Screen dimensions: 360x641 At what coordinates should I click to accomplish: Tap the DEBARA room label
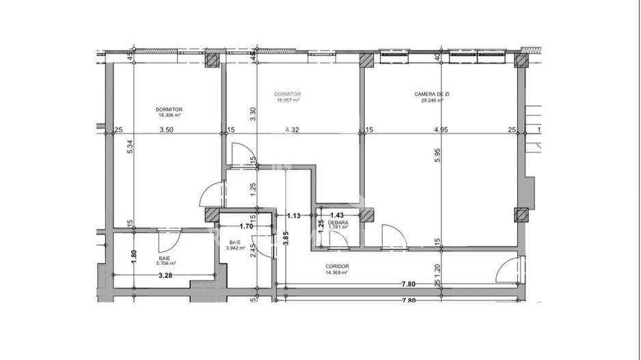pyautogui.click(x=338, y=223)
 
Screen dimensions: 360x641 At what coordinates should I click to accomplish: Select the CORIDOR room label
pyautogui.click(x=338, y=266)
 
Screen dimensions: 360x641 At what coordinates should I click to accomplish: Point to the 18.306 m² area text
pyautogui.click(x=168, y=115)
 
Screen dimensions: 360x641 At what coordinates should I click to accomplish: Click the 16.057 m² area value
pyautogui.click(x=288, y=100)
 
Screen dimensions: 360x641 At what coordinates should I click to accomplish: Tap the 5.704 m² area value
pyautogui.click(x=166, y=263)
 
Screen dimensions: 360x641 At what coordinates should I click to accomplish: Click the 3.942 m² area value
pyautogui.click(x=236, y=248)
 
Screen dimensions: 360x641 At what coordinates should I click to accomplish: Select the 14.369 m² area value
pyautogui.click(x=338, y=273)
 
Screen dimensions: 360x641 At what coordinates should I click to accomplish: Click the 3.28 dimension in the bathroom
pyautogui.click(x=165, y=276)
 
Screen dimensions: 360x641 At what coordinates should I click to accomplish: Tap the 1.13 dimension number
pyautogui.click(x=294, y=216)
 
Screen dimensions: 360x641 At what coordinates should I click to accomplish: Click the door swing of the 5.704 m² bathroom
pyautogui.click(x=169, y=240)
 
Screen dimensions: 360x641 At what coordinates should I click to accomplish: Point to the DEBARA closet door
pyautogui.click(x=338, y=240)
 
